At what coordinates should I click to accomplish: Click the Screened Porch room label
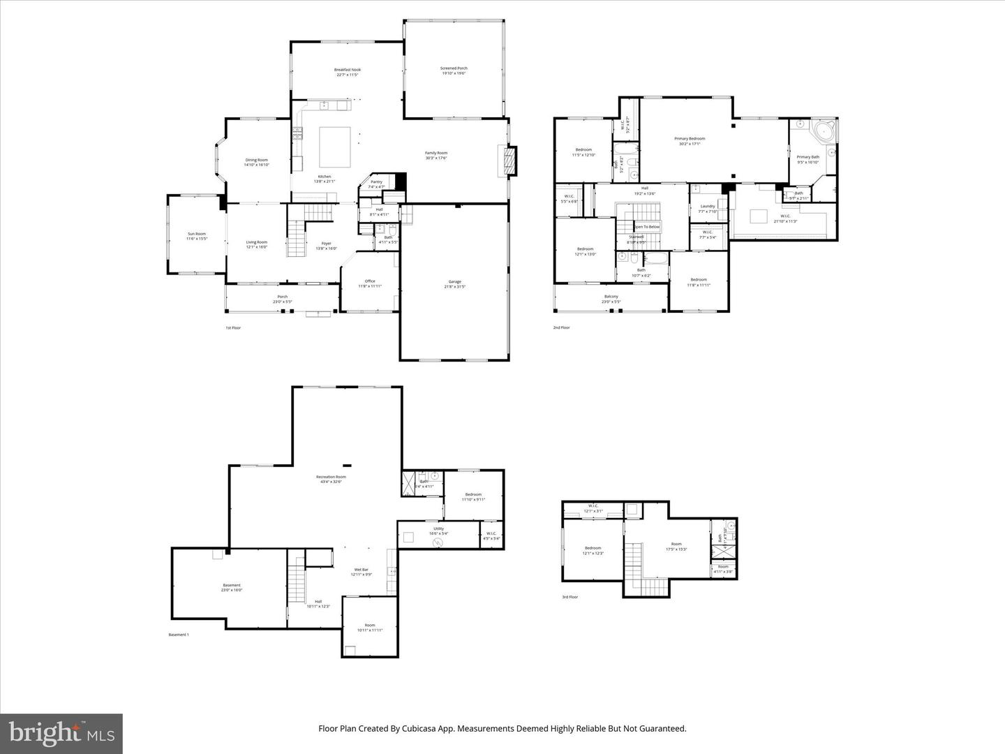(453, 68)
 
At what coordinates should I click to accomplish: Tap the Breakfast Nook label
(348, 70)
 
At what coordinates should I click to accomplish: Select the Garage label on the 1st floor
(454, 281)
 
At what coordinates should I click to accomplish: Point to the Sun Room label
(196, 234)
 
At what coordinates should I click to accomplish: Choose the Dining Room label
(256, 160)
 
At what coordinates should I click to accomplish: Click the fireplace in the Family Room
(511, 160)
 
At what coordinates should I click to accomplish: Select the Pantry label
(376, 182)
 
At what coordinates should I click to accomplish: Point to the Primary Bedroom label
(690, 138)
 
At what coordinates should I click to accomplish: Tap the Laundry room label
(707, 206)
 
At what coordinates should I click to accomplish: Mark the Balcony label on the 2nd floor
(611, 297)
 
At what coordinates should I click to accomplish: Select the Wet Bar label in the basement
(360, 570)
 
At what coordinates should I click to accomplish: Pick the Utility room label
(438, 529)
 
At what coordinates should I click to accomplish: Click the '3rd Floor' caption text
(570, 597)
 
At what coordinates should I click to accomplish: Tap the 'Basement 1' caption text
(179, 635)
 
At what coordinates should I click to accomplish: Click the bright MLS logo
(61, 733)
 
